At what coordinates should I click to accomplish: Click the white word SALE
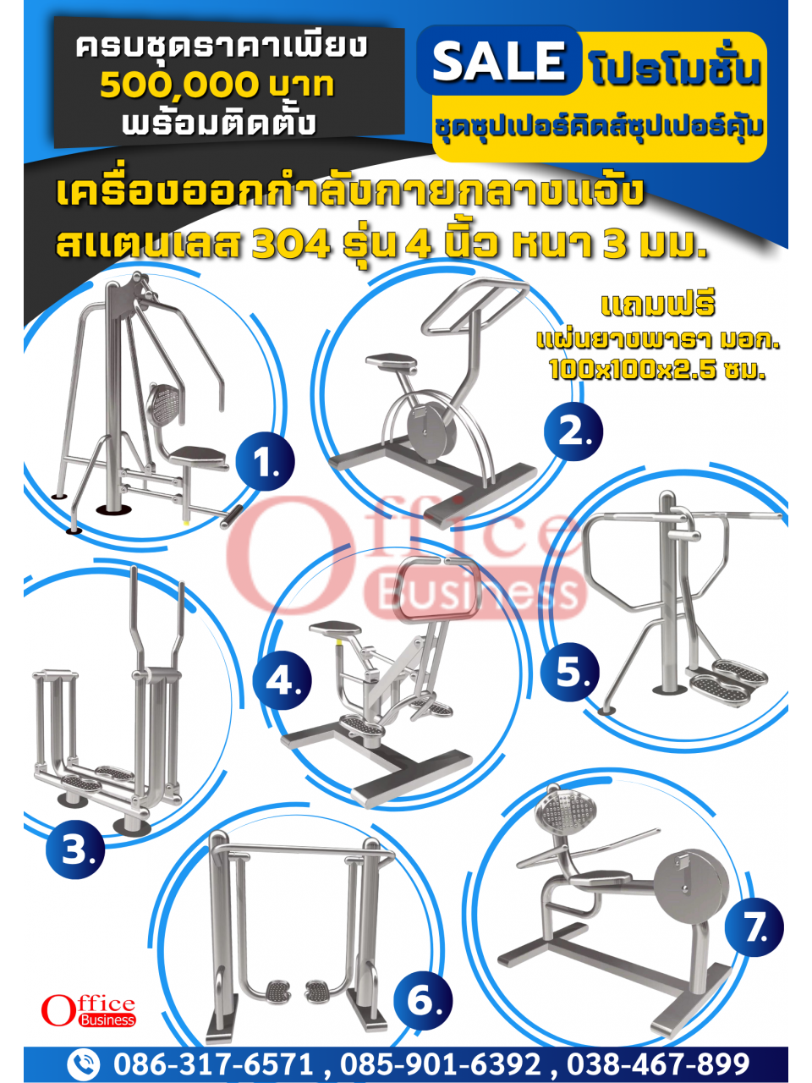pyautogui.click(x=498, y=61)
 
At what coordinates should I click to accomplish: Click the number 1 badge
pyautogui.click(x=266, y=462)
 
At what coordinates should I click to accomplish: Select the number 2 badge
pyautogui.click(x=573, y=432)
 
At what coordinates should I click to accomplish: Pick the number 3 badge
pyautogui.click(x=75, y=849)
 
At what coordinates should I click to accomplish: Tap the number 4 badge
pyautogui.click(x=283, y=680)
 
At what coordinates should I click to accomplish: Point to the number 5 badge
pyautogui.click(x=570, y=672)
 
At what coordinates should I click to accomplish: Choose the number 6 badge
pyautogui.click(x=423, y=1001)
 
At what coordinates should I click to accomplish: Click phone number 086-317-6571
pyautogui.click(x=213, y=1064)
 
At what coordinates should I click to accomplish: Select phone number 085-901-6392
pyautogui.click(x=441, y=1064)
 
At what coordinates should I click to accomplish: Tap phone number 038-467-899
pyautogui.click(x=658, y=1064)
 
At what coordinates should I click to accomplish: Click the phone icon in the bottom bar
pyautogui.click(x=84, y=1064)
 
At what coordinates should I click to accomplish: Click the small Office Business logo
pyautogui.click(x=88, y=1010)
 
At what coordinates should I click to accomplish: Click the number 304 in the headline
pyautogui.click(x=291, y=245)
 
